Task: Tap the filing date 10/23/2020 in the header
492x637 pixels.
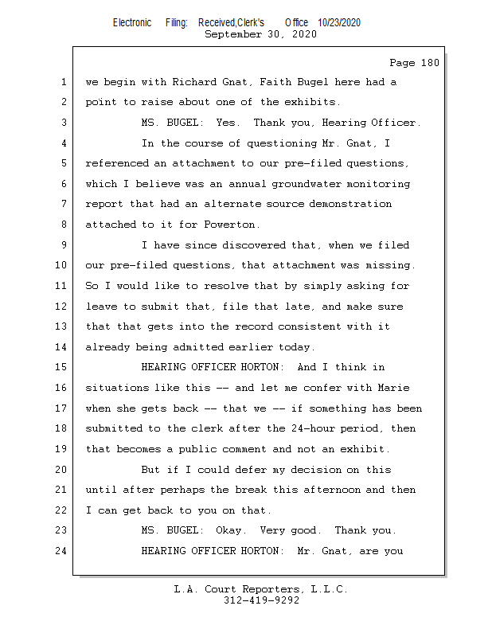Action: click(338, 23)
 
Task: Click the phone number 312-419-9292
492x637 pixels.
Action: click(261, 600)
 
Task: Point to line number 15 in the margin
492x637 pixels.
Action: click(63, 367)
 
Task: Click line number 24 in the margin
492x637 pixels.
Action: click(63, 550)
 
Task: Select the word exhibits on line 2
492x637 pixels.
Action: click(310, 102)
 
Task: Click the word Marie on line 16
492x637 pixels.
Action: click(392, 388)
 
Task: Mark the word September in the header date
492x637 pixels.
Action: click(234, 34)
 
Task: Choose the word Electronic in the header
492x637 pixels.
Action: click(132, 23)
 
